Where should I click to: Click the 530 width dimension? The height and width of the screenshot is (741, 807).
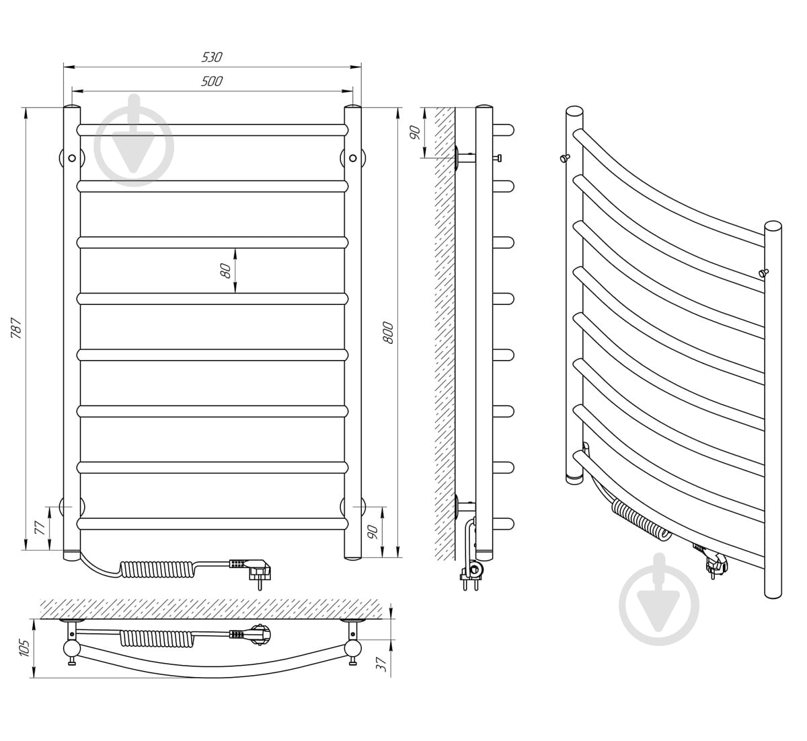click(x=212, y=57)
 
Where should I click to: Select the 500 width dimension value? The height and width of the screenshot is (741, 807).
click(x=212, y=81)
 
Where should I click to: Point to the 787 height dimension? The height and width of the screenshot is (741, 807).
click(x=16, y=328)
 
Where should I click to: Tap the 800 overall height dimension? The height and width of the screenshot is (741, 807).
click(x=388, y=332)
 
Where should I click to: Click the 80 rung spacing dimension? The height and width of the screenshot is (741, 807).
click(x=226, y=271)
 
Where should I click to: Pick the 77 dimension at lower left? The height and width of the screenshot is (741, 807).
click(x=40, y=528)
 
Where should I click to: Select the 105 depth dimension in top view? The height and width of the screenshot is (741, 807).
click(x=24, y=647)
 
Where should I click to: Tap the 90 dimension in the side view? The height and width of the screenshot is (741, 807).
click(x=415, y=133)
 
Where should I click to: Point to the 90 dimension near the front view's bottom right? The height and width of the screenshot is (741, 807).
click(x=373, y=532)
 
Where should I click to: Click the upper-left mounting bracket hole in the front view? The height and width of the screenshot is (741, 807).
click(x=72, y=158)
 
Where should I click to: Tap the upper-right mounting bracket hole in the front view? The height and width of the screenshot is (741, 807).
click(x=353, y=158)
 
